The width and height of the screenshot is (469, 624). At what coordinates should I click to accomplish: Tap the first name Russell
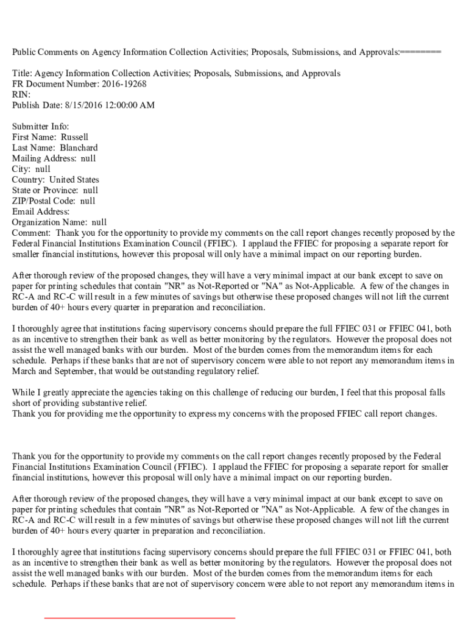point(74,137)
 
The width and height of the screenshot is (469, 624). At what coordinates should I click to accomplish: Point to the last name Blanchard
point(79,148)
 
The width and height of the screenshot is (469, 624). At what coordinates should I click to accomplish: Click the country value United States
point(74,180)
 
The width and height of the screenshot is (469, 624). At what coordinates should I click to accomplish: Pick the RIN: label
point(21,95)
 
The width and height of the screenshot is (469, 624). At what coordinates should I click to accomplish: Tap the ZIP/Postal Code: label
point(44,201)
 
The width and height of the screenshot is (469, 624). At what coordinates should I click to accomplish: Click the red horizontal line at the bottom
point(139,618)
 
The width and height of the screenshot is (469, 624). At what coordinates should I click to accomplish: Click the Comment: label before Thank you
point(32,233)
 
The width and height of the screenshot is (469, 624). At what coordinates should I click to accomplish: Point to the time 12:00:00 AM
point(131,105)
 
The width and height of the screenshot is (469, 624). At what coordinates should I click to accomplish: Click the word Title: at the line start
point(23,74)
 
